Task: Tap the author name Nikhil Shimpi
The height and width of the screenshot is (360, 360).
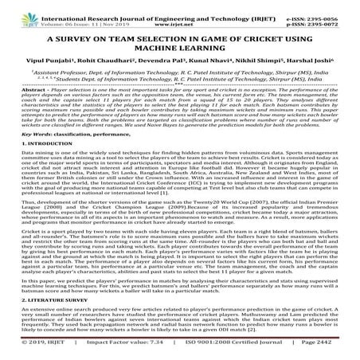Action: (253, 62)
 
